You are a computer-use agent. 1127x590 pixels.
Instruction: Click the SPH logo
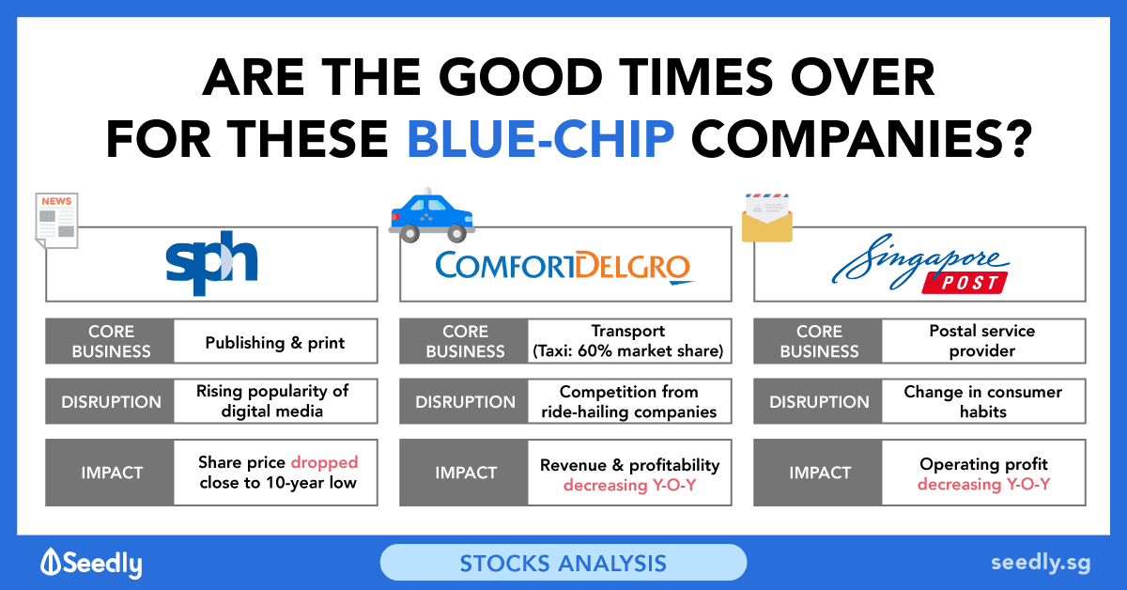point(212,263)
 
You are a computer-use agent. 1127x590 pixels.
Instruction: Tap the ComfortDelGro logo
point(564,267)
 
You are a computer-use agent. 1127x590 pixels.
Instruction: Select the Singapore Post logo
point(920,263)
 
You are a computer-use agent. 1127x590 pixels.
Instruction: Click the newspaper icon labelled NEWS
point(57,221)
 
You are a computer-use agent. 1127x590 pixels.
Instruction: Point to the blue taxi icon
point(432,215)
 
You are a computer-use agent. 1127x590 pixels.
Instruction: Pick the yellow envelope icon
point(767,218)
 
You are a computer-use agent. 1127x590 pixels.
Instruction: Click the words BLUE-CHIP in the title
point(541,139)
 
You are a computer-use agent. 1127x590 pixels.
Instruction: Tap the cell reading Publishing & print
point(275,342)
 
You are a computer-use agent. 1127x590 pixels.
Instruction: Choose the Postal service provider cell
point(983,341)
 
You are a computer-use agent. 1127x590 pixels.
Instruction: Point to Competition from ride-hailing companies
point(629,401)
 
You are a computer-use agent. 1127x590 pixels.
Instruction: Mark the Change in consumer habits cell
point(983,401)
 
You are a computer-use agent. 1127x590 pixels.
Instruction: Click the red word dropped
point(325,462)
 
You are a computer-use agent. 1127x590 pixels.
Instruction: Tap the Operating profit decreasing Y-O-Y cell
point(983,473)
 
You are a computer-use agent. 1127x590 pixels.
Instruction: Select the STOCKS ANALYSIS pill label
point(563,563)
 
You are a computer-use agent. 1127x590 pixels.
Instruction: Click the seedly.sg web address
point(1041,564)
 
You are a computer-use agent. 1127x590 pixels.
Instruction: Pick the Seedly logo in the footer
point(92,563)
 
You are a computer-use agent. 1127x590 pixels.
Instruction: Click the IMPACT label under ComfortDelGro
point(466,473)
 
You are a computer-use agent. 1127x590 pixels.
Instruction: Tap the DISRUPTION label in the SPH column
point(111,402)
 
